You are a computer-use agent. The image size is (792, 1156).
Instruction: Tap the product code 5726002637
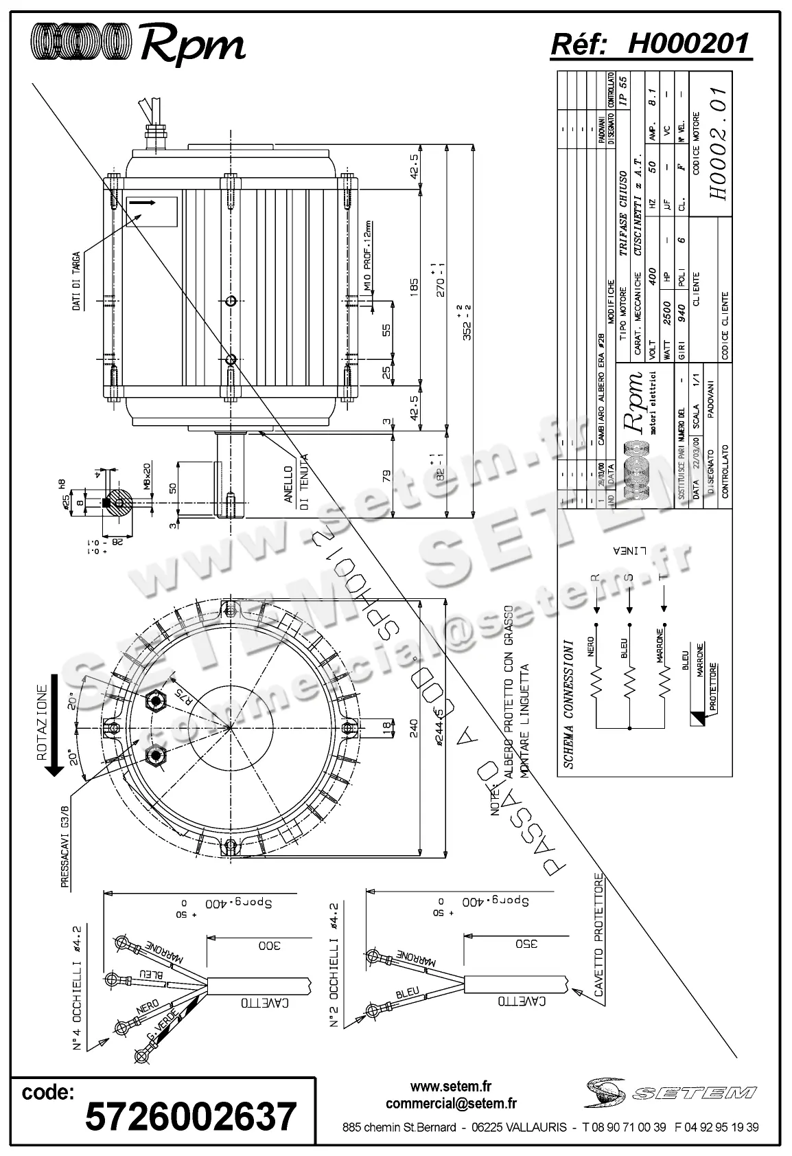click(191, 1115)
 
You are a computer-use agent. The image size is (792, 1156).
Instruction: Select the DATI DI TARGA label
click(78, 281)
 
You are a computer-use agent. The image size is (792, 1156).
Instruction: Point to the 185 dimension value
click(413, 284)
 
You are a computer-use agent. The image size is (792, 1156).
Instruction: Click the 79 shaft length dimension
click(386, 475)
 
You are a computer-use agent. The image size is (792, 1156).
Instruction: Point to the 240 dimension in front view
click(413, 729)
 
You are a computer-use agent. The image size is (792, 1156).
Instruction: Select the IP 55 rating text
click(622, 89)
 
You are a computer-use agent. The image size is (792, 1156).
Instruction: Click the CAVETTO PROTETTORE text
click(600, 935)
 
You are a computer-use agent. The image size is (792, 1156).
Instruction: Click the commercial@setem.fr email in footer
click(451, 1104)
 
